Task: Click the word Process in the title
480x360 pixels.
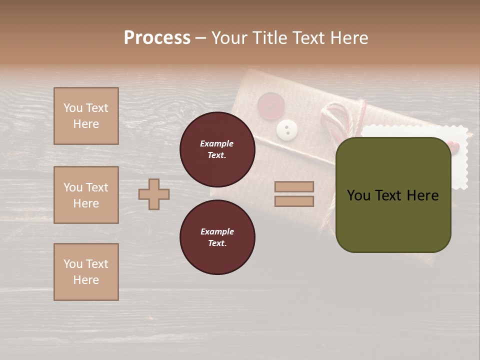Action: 157,38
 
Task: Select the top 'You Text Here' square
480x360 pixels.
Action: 86,116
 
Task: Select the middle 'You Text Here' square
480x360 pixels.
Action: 86,195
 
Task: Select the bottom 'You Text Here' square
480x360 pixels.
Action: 86,272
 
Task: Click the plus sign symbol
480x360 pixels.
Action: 154,194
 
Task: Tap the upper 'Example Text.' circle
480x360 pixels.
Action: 217,149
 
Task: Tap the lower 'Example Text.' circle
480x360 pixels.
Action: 217,237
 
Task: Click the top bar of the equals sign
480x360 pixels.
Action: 294,186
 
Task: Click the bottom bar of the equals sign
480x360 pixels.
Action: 294,201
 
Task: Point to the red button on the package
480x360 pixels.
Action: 270,106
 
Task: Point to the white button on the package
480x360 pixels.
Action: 287,130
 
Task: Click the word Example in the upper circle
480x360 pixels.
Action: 217,143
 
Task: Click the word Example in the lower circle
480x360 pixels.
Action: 217,231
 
